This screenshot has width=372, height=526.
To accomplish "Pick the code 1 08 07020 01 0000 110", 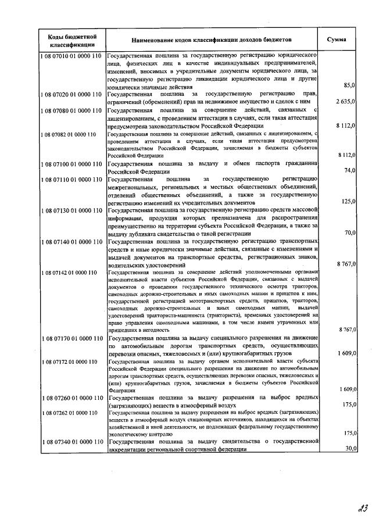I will [x=71, y=93].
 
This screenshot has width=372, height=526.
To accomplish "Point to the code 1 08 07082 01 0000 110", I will [x=68, y=134].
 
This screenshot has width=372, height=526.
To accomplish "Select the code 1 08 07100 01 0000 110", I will [x=71, y=164].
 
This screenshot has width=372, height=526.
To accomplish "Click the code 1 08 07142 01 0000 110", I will [x=68, y=272].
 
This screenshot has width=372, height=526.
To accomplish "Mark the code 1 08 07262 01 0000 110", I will [x=68, y=412].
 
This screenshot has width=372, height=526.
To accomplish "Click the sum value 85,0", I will [x=349, y=85].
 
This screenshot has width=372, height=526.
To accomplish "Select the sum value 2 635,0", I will [x=346, y=101].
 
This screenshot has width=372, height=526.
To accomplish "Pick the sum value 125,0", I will [x=348, y=201].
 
